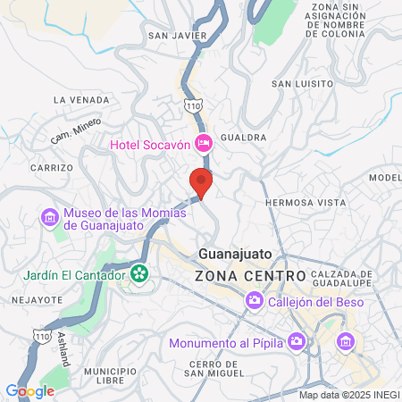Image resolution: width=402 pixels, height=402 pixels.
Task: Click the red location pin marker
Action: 201,182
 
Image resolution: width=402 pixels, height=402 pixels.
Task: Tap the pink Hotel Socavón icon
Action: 203,143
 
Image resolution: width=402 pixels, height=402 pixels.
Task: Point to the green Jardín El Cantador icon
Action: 139,272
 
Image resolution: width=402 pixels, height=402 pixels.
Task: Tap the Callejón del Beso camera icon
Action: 255,301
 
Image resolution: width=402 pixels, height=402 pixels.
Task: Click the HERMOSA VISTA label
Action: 306,203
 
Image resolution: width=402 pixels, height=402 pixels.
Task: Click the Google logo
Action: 29,390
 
